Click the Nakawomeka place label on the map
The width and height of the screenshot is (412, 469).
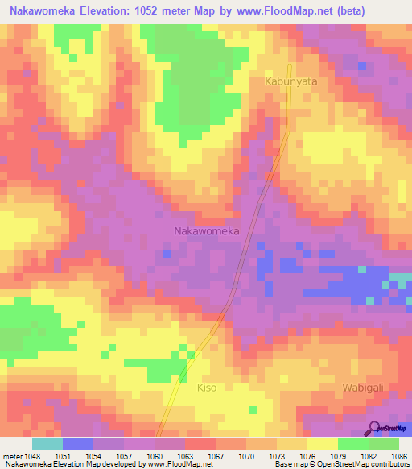coord(207,231)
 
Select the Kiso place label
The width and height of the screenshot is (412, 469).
coord(207,388)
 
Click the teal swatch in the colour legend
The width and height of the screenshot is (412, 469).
coord(47,444)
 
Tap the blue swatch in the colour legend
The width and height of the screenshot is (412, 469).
coord(78,444)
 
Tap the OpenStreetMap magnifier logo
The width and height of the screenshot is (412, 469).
coord(374,428)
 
